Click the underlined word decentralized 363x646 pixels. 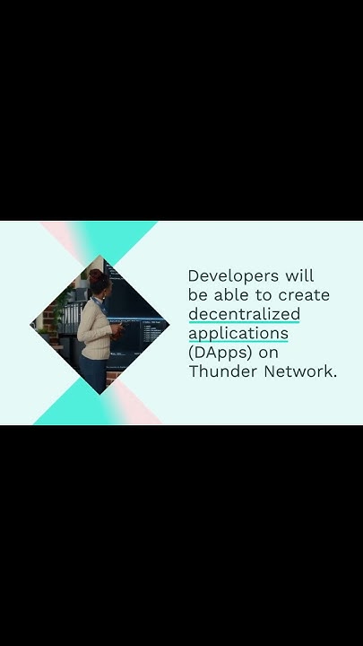click(x=244, y=314)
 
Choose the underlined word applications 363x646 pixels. click(x=238, y=333)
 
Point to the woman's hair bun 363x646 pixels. click(x=94, y=275)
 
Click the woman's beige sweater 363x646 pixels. click(x=92, y=324)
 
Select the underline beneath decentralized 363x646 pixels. click(x=244, y=322)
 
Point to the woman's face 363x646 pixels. click(x=104, y=288)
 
